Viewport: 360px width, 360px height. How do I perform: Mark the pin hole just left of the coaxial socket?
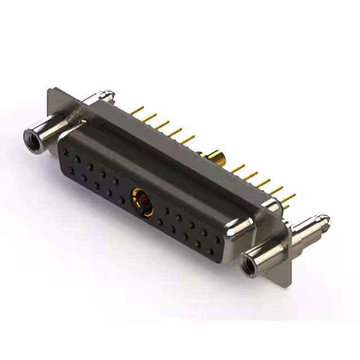[x=122, y=199]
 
